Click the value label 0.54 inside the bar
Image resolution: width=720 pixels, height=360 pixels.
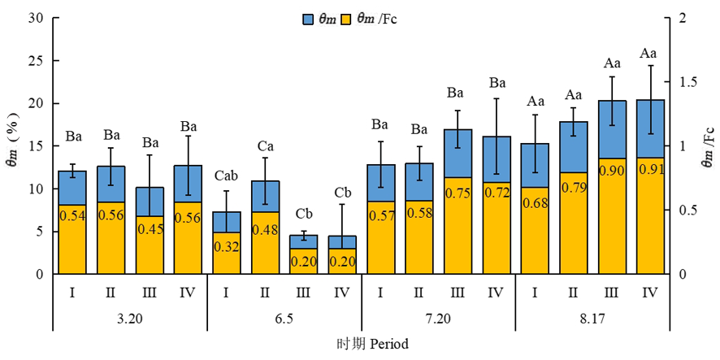click(x=72, y=215)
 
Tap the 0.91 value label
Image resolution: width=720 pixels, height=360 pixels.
click(x=648, y=169)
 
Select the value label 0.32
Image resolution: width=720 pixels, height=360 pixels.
click(x=227, y=246)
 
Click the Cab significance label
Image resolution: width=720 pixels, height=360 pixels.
click(x=227, y=176)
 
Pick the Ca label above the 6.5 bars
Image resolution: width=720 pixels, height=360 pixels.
click(x=265, y=145)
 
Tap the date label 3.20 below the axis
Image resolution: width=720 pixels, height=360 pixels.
click(x=129, y=319)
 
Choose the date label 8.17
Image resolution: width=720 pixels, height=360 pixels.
click(x=591, y=319)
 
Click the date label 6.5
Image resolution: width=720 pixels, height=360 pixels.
click(x=284, y=319)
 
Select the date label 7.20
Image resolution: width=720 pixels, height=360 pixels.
click(x=437, y=319)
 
